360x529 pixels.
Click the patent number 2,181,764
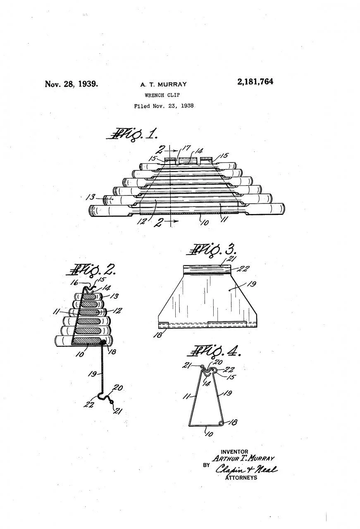255,82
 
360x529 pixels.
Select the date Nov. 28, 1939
72,84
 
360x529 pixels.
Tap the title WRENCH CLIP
162,95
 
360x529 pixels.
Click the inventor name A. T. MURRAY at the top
163,84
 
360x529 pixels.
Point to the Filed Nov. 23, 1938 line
164,106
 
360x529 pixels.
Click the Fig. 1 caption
131,134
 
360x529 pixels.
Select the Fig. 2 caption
91,269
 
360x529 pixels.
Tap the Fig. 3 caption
212,250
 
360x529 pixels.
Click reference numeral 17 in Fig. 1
186,148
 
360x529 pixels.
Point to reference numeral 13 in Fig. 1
91,197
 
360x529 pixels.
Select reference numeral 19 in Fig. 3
252,284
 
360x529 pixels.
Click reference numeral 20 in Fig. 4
217,362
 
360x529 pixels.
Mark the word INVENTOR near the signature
234,452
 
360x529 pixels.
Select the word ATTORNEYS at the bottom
241,477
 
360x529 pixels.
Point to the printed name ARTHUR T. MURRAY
243,459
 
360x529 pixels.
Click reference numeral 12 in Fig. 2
117,310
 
